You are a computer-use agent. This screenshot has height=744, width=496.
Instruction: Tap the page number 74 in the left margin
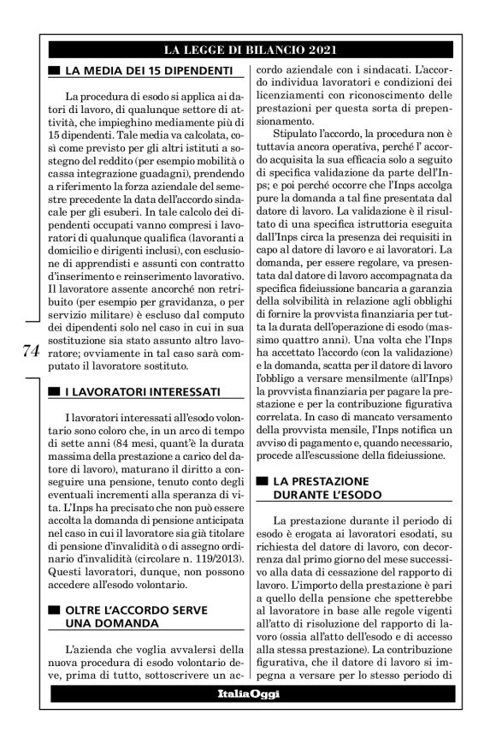coord(28,352)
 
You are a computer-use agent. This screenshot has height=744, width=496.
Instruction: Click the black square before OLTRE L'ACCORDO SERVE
coord(54,610)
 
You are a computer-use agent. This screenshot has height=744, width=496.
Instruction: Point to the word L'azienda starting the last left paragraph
coord(89,648)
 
